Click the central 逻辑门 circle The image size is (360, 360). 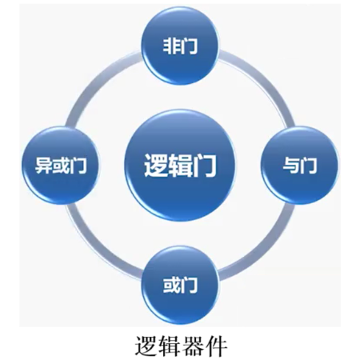(180, 166)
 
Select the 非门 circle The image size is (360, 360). (180, 46)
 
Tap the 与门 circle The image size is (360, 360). (299, 166)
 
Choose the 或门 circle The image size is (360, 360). (180, 285)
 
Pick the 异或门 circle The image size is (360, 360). (61, 166)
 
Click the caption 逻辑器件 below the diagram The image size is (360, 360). (182, 346)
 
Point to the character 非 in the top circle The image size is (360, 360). (171, 46)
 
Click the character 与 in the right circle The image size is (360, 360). (291, 166)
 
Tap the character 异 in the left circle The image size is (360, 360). (43, 166)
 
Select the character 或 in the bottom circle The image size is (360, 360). (171, 285)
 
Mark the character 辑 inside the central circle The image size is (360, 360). (180, 166)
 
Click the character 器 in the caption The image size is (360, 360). (193, 346)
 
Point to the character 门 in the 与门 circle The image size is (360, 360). (308, 166)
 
